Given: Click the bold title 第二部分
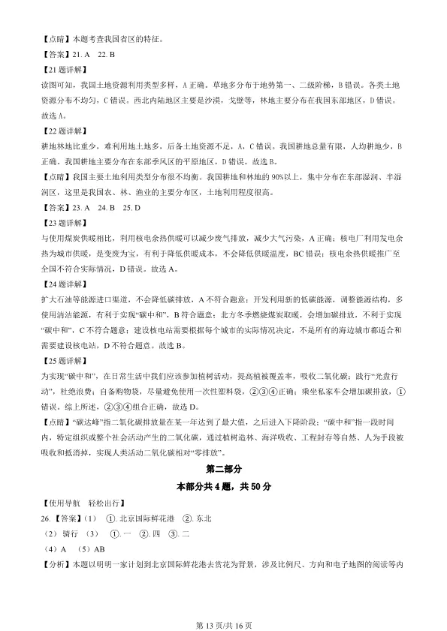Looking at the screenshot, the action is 223,469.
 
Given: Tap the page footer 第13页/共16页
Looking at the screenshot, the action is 223,605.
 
